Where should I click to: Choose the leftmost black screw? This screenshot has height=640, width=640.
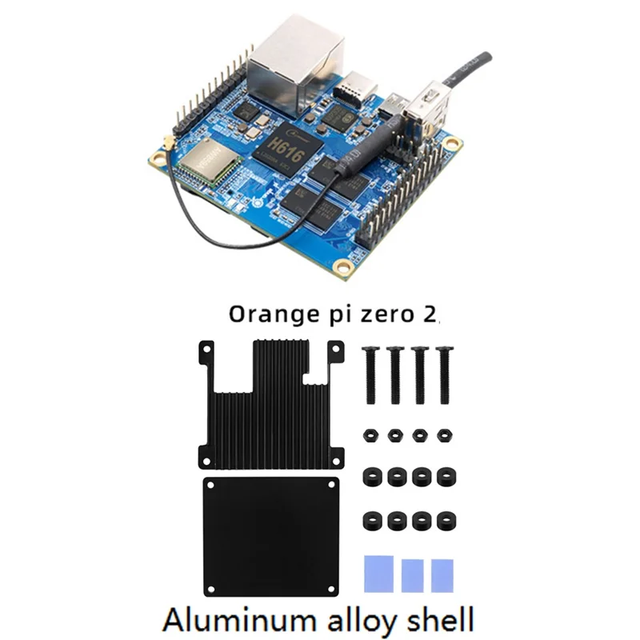[x=370, y=376]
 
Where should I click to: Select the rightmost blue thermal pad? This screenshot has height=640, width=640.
[x=442, y=575]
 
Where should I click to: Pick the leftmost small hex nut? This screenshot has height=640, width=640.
[x=370, y=436]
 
